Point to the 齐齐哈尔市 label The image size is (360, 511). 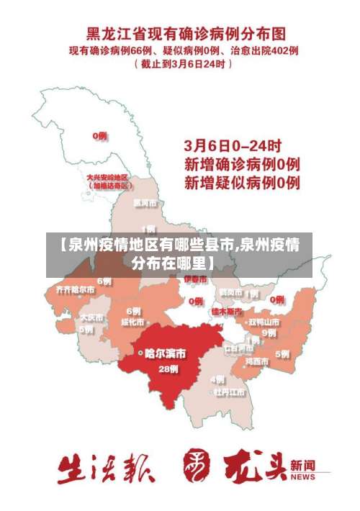[75, 289]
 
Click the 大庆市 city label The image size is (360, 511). [91, 317]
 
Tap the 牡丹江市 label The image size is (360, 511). [229, 392]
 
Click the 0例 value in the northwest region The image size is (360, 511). [99, 135]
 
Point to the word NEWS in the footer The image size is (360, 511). [303, 477]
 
